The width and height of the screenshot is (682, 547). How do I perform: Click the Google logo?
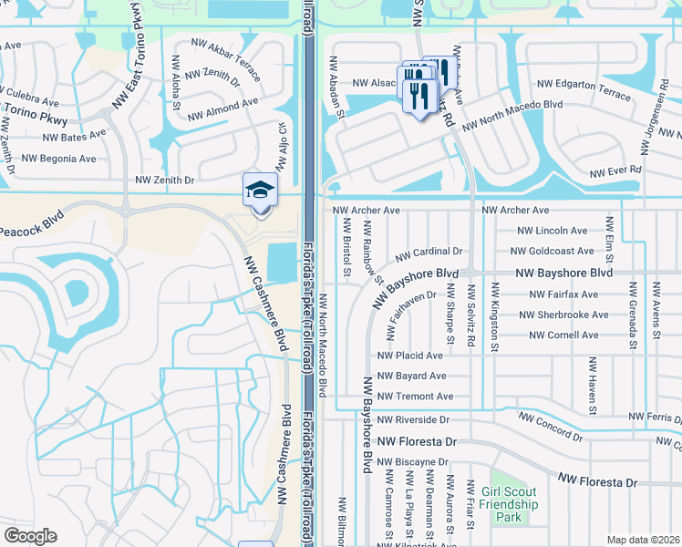(x=30, y=536)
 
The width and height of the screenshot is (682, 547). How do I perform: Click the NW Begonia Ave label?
(x=58, y=159)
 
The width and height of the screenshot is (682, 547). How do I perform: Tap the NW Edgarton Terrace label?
(x=584, y=96)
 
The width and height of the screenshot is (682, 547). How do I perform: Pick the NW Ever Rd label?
(x=615, y=171)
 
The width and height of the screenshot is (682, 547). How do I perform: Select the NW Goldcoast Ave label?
(x=553, y=252)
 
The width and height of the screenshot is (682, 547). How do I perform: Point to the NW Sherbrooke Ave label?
(x=563, y=315)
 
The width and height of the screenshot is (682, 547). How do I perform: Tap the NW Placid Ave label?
(x=409, y=356)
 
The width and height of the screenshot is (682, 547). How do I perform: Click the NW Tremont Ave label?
(x=414, y=397)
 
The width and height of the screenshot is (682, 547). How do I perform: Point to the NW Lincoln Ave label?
(x=553, y=232)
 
